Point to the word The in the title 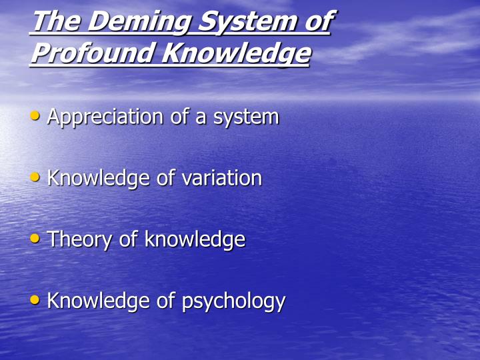57,21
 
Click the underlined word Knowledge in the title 236,53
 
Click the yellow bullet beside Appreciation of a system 35,116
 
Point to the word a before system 201,118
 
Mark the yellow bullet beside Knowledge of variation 35,177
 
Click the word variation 222,178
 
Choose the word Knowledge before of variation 99,179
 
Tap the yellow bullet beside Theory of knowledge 35,238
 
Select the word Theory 79,240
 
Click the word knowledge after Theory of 195,240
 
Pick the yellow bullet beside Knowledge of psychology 35,299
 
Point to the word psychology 233,301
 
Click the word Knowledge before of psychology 99,301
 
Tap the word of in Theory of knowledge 128,239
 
